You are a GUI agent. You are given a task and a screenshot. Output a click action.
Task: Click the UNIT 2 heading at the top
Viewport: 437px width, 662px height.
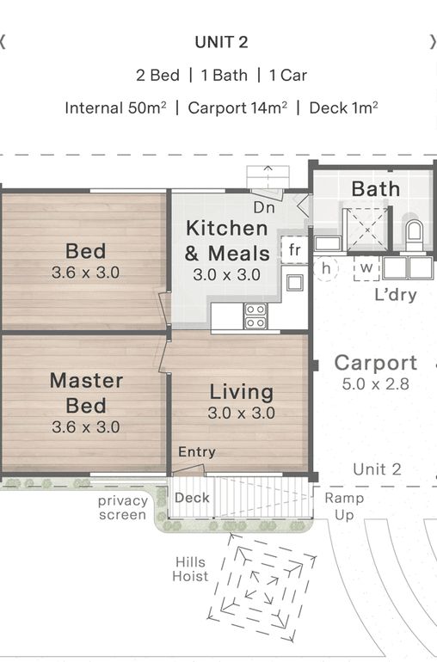click(221, 42)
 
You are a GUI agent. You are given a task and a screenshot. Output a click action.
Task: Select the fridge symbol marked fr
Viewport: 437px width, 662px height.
click(294, 249)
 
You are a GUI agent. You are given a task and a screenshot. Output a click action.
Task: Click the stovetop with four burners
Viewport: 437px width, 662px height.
click(255, 316)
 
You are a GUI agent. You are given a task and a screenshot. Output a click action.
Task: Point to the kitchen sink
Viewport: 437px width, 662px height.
click(294, 283)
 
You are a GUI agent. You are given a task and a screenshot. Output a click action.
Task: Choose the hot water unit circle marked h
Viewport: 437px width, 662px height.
click(325, 268)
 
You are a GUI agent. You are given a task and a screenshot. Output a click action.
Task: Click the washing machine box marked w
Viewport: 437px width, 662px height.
click(366, 268)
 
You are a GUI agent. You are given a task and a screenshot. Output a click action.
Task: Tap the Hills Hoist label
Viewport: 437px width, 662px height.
click(190, 569)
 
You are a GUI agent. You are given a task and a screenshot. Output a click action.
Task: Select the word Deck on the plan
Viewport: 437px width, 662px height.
click(192, 498)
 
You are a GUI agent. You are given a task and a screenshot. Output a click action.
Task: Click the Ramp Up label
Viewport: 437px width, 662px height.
click(344, 506)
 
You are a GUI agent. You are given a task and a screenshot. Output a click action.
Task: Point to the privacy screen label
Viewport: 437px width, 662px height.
click(122, 508)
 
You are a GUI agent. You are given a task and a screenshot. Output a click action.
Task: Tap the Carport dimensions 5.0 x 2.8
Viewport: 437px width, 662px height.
click(375, 384)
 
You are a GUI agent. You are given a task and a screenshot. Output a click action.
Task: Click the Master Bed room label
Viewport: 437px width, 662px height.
click(86, 393)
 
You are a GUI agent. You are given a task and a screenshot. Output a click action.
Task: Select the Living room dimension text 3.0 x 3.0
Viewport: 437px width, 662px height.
click(242, 413)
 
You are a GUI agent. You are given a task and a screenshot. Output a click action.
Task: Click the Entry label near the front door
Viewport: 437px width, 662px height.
click(197, 452)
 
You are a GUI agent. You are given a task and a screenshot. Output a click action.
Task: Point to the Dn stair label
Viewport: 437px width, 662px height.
click(264, 207)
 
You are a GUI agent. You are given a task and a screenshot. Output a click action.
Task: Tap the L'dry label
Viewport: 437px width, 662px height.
click(396, 294)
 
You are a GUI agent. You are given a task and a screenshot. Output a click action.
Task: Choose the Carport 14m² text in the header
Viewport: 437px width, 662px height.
click(237, 108)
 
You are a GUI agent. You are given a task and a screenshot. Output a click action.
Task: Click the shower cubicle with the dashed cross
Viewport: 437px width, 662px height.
click(367, 230)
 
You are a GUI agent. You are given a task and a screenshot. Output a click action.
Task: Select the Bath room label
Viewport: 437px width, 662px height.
click(376, 189)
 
